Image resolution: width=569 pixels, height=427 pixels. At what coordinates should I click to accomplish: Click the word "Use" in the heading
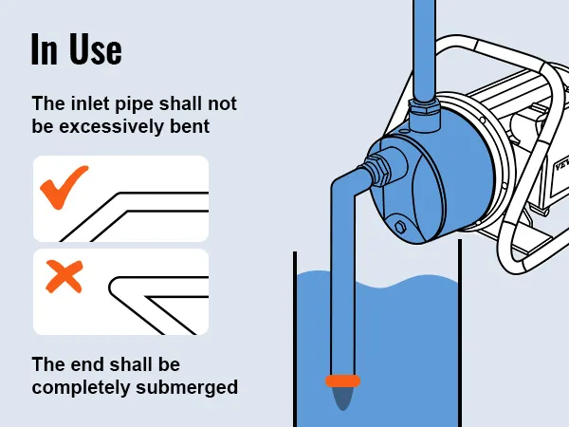[x=96, y=49]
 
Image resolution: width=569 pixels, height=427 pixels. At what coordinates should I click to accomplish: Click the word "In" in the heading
[x=45, y=49]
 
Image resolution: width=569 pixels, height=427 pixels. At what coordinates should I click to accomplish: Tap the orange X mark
[x=64, y=276]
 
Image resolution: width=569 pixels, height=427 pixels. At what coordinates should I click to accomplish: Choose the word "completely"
[x=81, y=387]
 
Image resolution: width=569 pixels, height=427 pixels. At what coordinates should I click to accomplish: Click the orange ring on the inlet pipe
[x=342, y=381]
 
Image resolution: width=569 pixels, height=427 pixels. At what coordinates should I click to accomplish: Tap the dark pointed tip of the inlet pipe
[x=343, y=399]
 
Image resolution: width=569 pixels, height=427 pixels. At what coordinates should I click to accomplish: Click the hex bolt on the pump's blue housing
[x=400, y=226]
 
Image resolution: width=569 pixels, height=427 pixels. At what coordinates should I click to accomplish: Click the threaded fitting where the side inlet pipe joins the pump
[x=377, y=169]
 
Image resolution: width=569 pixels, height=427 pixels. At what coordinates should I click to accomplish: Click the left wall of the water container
[x=295, y=339]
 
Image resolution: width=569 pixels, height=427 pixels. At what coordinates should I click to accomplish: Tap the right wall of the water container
[x=460, y=333]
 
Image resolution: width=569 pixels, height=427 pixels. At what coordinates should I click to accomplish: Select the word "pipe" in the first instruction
[x=137, y=104]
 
